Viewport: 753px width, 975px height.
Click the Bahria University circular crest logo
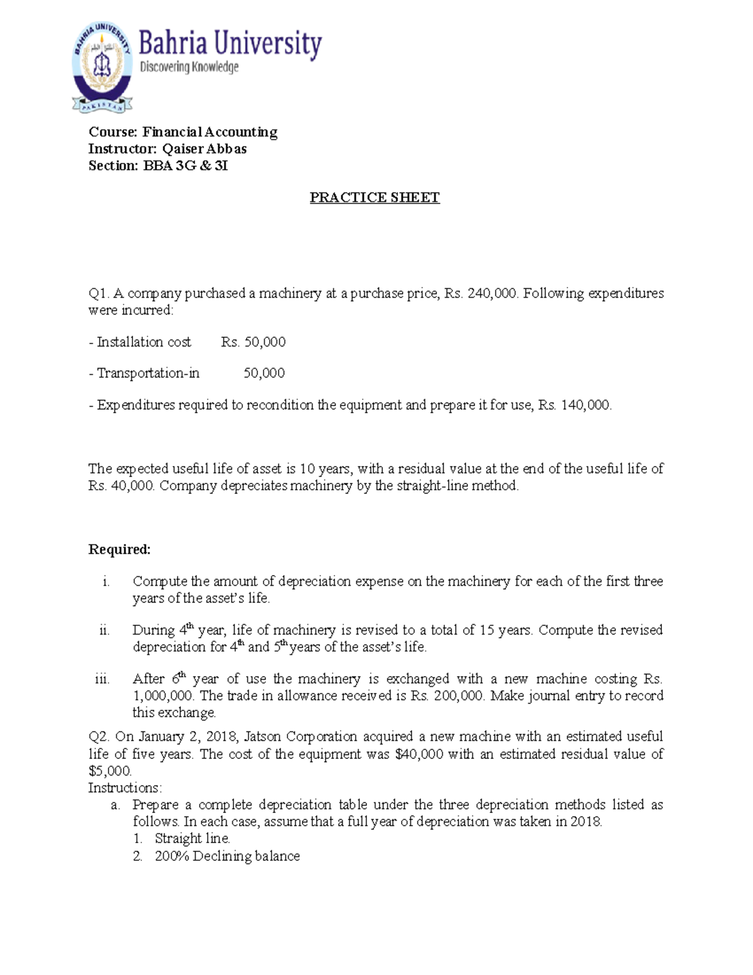pos(102,67)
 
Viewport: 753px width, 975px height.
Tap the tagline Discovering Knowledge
pos(189,67)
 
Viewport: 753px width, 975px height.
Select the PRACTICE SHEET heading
pos(375,198)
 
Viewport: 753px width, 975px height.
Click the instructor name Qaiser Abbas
pos(205,149)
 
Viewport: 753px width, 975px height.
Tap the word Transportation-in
pos(148,374)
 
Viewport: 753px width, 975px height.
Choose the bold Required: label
pos(119,550)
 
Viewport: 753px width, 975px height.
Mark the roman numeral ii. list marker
pos(104,630)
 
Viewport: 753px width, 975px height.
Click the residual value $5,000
pos(110,771)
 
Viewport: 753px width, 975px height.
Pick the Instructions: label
pos(125,788)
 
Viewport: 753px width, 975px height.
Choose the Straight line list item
pos(192,839)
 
